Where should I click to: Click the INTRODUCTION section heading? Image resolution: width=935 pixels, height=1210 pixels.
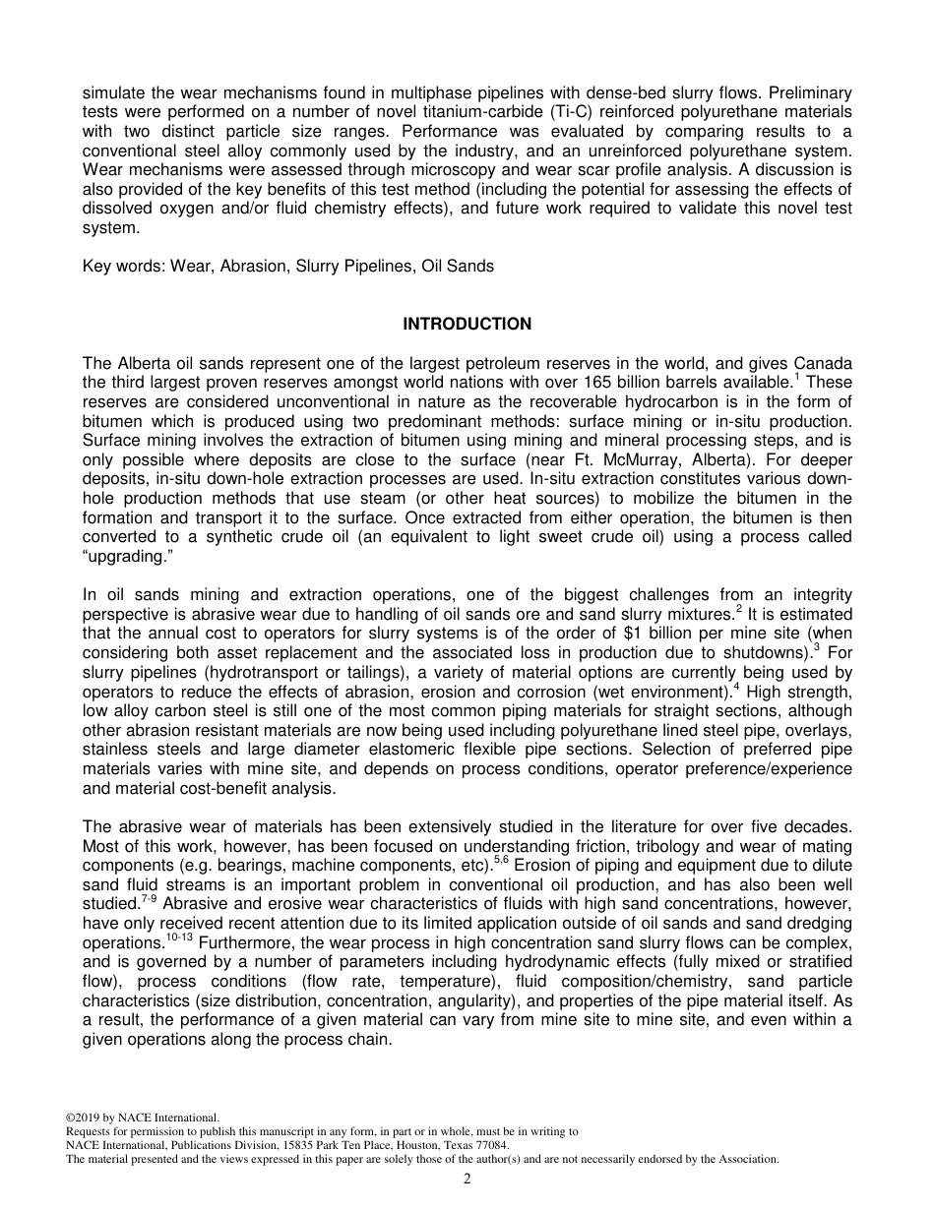[467, 324]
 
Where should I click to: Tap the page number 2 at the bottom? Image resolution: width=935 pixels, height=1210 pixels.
[467, 1180]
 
